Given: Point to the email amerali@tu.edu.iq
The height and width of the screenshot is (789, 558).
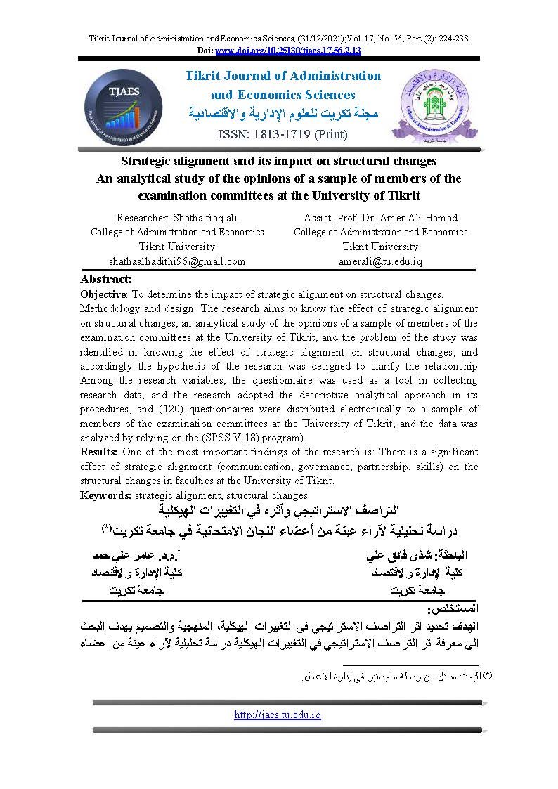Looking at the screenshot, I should (380, 261).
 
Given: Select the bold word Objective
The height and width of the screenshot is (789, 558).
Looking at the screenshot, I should (103, 294).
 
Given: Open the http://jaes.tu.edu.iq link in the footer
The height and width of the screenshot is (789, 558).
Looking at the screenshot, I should (278, 715).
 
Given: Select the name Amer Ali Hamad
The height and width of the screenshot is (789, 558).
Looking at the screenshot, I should (423, 218).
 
